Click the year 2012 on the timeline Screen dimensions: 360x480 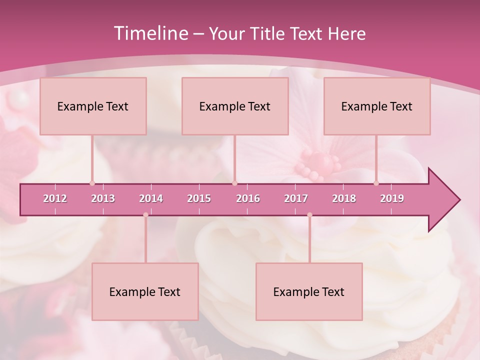pos(55,198)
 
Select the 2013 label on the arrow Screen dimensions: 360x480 pos(103,198)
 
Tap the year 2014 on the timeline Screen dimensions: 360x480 pos(151,198)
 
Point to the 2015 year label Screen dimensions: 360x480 pos(199,198)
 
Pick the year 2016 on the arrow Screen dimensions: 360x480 pos(248,198)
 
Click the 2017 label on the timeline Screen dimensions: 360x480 pos(296,198)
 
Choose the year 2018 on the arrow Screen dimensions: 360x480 pos(344,198)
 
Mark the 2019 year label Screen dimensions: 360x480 pos(392,198)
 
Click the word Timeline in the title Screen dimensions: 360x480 pos(150,33)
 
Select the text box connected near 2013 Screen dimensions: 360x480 pos(93,106)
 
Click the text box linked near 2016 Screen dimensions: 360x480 pos(235,106)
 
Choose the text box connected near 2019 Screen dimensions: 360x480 pos(377,106)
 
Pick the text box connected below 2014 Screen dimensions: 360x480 pos(145,291)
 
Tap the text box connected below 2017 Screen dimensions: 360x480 pos(309,291)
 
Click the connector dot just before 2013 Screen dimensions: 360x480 pos(92,183)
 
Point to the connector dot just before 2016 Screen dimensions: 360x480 pos(234,183)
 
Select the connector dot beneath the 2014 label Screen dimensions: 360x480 pos(145,215)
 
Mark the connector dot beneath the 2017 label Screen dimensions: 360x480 pos(309,215)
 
